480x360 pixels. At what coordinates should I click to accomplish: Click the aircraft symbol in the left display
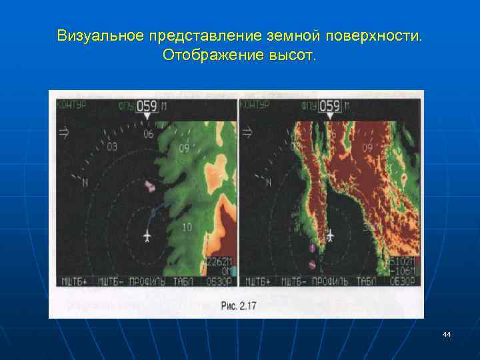point(147,236)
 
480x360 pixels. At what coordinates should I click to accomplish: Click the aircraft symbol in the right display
point(331,235)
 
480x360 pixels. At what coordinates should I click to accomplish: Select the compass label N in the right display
point(268,181)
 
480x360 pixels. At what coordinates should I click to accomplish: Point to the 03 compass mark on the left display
point(111,147)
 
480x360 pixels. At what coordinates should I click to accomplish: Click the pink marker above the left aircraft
point(150,186)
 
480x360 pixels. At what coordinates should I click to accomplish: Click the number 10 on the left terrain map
point(187,227)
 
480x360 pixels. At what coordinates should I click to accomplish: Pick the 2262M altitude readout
point(219,261)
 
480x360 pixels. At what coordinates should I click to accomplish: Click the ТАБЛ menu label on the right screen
point(365,281)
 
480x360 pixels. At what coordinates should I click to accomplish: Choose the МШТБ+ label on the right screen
point(256,281)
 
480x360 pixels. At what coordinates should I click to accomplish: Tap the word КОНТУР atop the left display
point(73,105)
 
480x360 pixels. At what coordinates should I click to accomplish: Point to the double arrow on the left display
point(65,133)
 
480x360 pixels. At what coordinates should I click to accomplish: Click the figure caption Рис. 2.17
point(237,306)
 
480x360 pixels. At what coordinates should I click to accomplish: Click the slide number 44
point(446,334)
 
